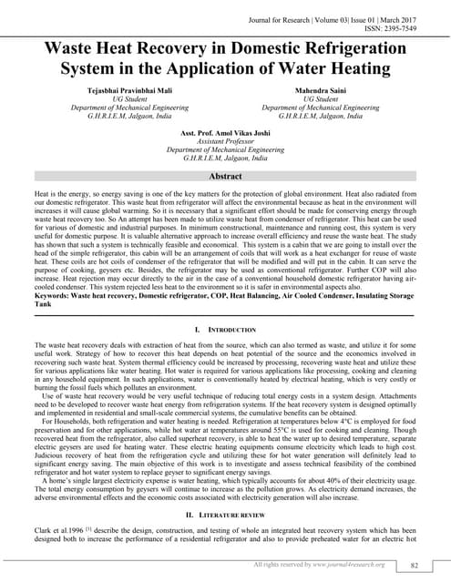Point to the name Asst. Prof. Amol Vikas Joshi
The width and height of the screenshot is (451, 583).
click(225, 133)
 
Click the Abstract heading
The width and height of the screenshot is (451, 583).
click(225, 176)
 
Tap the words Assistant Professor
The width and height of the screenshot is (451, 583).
click(225, 141)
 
